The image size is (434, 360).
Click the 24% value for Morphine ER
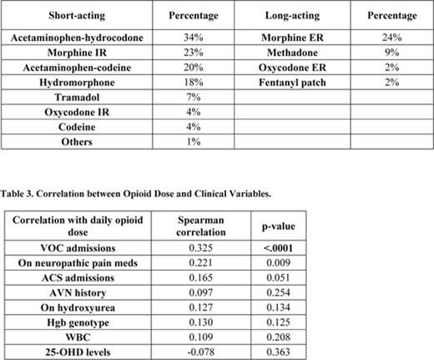[391, 38]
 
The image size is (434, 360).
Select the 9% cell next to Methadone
[391, 53]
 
